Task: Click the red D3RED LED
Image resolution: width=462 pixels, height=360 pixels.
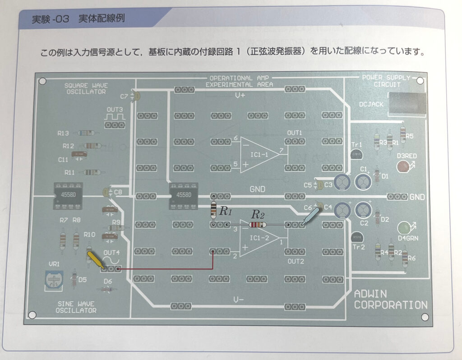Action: tap(402, 166)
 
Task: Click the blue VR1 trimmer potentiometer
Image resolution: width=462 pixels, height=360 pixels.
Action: tap(54, 279)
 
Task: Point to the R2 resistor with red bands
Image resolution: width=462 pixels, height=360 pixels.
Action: tap(258, 224)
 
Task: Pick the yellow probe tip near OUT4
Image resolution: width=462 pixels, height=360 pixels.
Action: tap(95, 260)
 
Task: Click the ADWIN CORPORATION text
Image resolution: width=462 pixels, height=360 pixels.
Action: tap(390, 299)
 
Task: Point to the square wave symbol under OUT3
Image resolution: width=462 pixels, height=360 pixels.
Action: tap(115, 117)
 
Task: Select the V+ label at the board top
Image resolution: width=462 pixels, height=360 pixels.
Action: tap(240, 96)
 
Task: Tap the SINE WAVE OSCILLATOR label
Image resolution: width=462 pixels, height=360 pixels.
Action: tap(76, 307)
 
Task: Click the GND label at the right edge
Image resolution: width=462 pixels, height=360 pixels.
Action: tap(417, 197)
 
